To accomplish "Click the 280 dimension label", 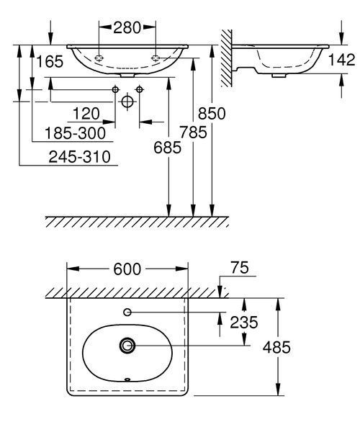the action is tap(127, 27).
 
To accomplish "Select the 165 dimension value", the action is tap(50, 61).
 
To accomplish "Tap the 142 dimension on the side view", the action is tap(341, 60).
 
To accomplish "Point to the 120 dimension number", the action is tap(86, 114).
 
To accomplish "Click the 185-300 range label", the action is tap(75, 133).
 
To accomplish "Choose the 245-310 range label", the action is tap(79, 157).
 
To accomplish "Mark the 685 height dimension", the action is tap(167, 148).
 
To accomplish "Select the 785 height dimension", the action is tap(193, 132).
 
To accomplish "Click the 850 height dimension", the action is tap(212, 114).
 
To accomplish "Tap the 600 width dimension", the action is tap(127, 269).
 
